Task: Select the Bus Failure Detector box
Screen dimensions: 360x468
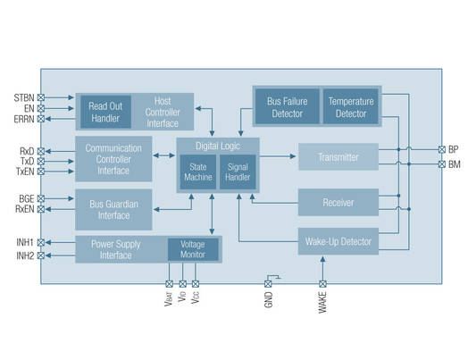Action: pos(286,107)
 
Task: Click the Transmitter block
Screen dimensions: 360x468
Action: pos(338,157)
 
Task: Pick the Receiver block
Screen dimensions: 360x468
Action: pos(338,203)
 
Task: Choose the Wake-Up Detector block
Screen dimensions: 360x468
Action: pos(338,240)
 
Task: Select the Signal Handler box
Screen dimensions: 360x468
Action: pos(238,171)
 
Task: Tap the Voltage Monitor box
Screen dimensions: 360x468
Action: pos(192,249)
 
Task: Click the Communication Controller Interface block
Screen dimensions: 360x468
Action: pos(113,158)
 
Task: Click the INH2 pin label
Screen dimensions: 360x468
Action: pos(24,257)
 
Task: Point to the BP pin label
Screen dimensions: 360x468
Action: pos(454,149)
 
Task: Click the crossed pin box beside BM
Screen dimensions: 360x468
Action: pos(439,163)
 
